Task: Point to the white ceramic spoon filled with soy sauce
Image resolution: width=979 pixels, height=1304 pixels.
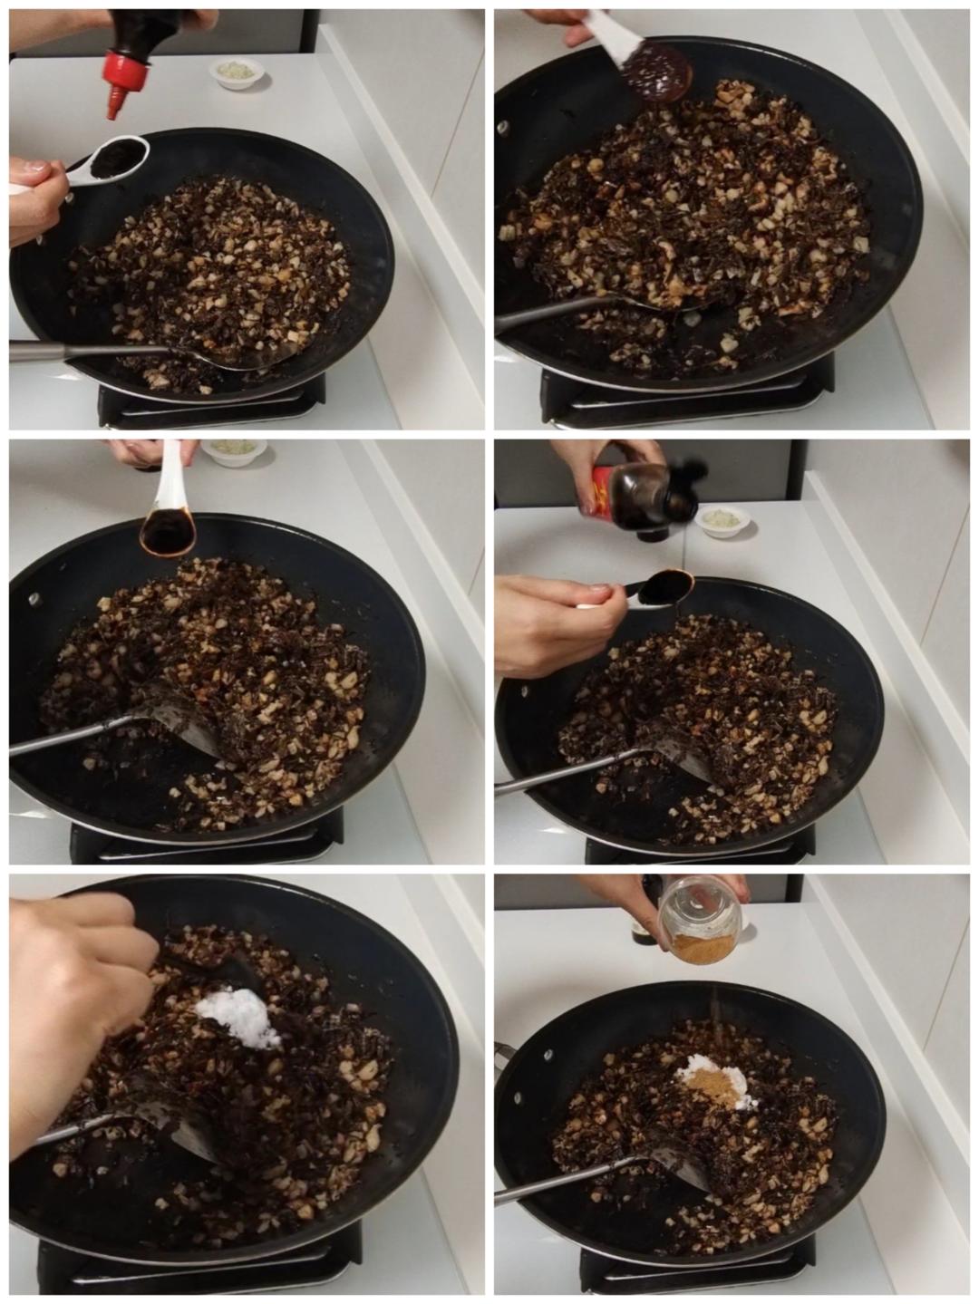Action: pyautogui.click(x=169, y=525)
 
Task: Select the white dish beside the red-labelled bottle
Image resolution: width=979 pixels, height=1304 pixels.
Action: pyautogui.click(x=723, y=520)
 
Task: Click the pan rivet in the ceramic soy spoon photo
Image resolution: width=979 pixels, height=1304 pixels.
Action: pyautogui.click(x=35, y=599)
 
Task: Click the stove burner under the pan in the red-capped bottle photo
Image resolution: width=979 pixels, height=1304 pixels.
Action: pyautogui.click(x=208, y=403)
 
